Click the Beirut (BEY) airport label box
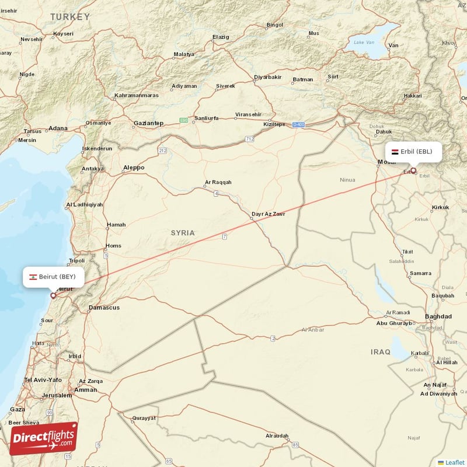(53, 276)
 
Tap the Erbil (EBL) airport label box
(413, 151)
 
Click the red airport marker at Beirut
(53, 295)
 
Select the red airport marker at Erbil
(414, 171)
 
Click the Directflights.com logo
(43, 438)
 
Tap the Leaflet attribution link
(455, 462)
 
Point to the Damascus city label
(104, 307)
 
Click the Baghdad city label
(438, 316)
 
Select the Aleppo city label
(133, 168)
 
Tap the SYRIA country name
(183, 232)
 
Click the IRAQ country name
(380, 351)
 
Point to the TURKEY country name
(70, 17)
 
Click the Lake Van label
(364, 42)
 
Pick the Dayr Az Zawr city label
(268, 214)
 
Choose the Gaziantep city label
(148, 123)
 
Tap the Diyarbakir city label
(268, 77)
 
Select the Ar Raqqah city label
(218, 182)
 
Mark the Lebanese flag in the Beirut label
(33, 276)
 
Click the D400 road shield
(299, 124)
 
